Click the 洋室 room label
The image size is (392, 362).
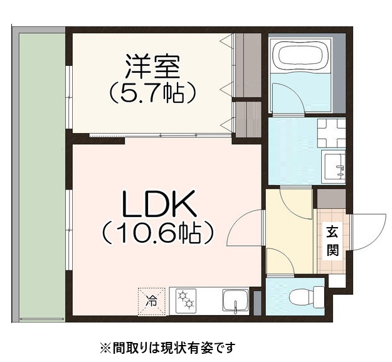click(152, 65)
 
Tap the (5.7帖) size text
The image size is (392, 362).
click(152, 93)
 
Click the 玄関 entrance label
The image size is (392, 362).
click(332, 241)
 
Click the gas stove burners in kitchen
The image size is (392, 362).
click(186, 300)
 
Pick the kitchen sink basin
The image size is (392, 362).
click(235, 301)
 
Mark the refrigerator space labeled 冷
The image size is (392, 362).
click(152, 300)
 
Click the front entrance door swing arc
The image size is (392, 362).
click(369, 232)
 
